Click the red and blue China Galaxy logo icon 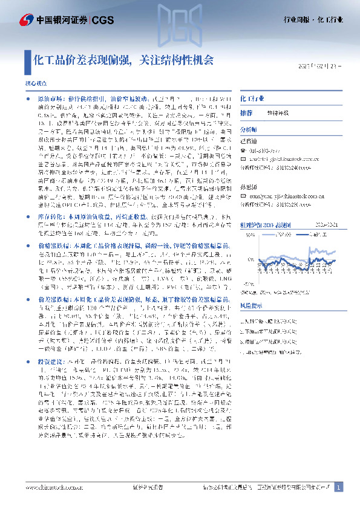pyautogui.click(x=27, y=20)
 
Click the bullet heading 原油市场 pyautogui.click(x=46, y=97)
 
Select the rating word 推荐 pyautogui.click(x=246, y=113)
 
